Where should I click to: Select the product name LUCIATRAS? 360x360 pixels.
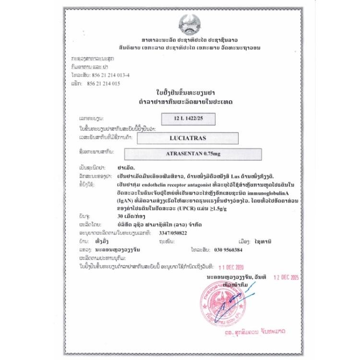pos(188,138)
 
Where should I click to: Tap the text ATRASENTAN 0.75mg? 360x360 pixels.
pos(192,154)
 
